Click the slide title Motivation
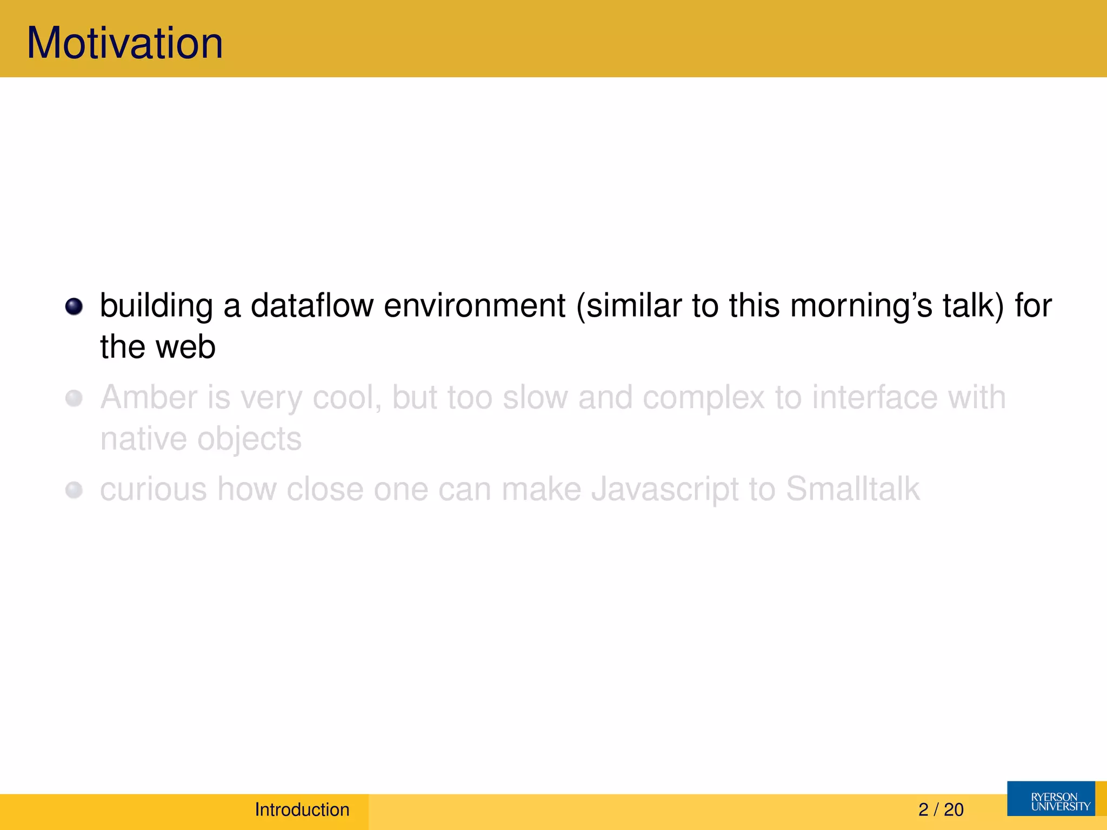(125, 43)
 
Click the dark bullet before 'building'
(74, 306)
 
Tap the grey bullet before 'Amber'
(74, 399)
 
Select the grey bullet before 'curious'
(74, 490)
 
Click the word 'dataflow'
(312, 305)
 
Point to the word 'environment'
(475, 306)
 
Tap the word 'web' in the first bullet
(186, 347)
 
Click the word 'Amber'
(149, 398)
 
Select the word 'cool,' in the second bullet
(347, 398)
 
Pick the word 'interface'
(875, 398)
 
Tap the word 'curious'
(154, 490)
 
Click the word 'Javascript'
(665, 490)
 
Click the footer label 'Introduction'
(302, 809)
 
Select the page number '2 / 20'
(941, 809)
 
